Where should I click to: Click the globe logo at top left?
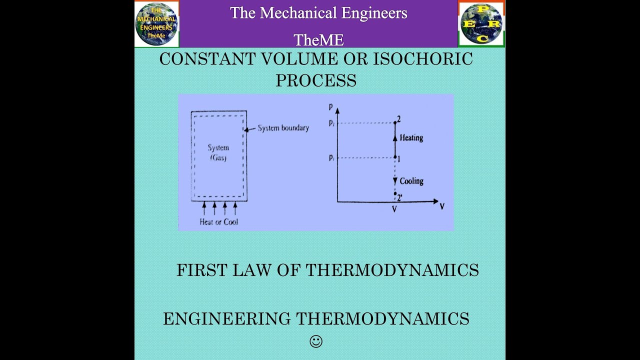pos(156,23)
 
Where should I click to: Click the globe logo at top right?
pos(481,23)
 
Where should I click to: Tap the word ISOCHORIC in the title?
pos(423,59)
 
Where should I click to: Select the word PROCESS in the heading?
pos(316,80)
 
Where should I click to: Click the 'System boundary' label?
pos(283,128)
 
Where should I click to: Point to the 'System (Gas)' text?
pos(218,152)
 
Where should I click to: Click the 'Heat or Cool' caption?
pos(218,222)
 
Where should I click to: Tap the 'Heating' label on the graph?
pos(411,138)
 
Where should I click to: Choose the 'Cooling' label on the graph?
pos(411,181)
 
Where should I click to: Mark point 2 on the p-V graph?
pos(395,122)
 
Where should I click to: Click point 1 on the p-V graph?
pos(395,158)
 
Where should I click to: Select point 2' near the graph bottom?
pos(395,194)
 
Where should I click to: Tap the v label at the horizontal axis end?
pos(442,206)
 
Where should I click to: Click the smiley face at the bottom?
pos(316,341)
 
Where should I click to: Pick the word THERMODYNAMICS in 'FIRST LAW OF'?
pos(392,270)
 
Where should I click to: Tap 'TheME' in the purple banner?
pos(318,39)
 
